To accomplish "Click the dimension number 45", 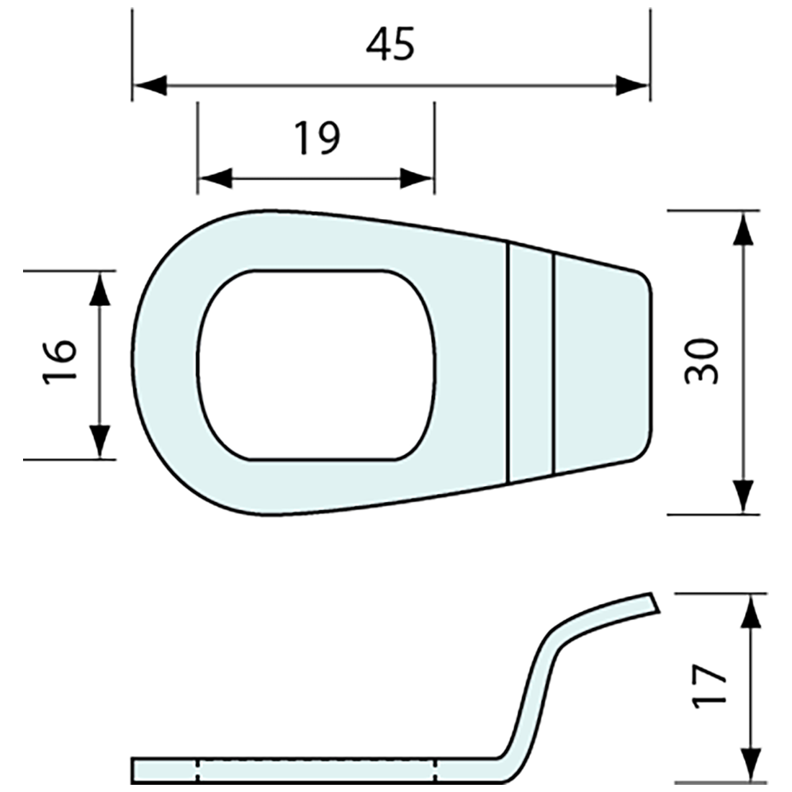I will pyautogui.click(x=390, y=45).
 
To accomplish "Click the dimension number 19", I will pyautogui.click(x=318, y=138).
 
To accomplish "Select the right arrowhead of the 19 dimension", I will pyautogui.click(x=417, y=178).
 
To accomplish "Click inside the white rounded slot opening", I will pyautogui.click(x=317, y=364).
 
